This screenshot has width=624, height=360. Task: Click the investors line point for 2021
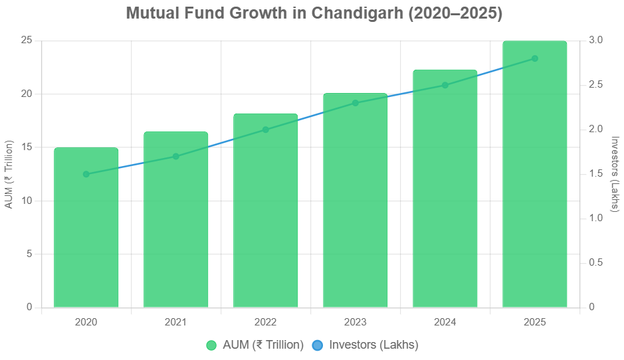[175, 157]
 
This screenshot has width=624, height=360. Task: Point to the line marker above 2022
[265, 130]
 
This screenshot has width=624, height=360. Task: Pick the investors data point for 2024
[445, 85]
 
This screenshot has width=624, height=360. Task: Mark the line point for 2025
[534, 58]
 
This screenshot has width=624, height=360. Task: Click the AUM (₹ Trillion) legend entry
[255, 345]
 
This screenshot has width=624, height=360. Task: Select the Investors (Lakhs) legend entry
[365, 345]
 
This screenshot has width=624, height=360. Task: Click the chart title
[313, 13]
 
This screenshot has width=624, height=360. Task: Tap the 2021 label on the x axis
[175, 322]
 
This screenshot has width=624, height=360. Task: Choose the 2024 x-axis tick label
[445, 322]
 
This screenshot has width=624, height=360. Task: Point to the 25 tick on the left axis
[27, 41]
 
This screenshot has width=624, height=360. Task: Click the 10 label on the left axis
[27, 201]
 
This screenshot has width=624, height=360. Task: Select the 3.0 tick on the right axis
[596, 41]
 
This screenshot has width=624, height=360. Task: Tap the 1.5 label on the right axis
[596, 174]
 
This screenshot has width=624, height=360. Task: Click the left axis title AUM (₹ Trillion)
[9, 174]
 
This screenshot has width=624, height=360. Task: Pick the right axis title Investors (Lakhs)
[615, 174]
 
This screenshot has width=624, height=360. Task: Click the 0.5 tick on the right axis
[596, 263]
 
